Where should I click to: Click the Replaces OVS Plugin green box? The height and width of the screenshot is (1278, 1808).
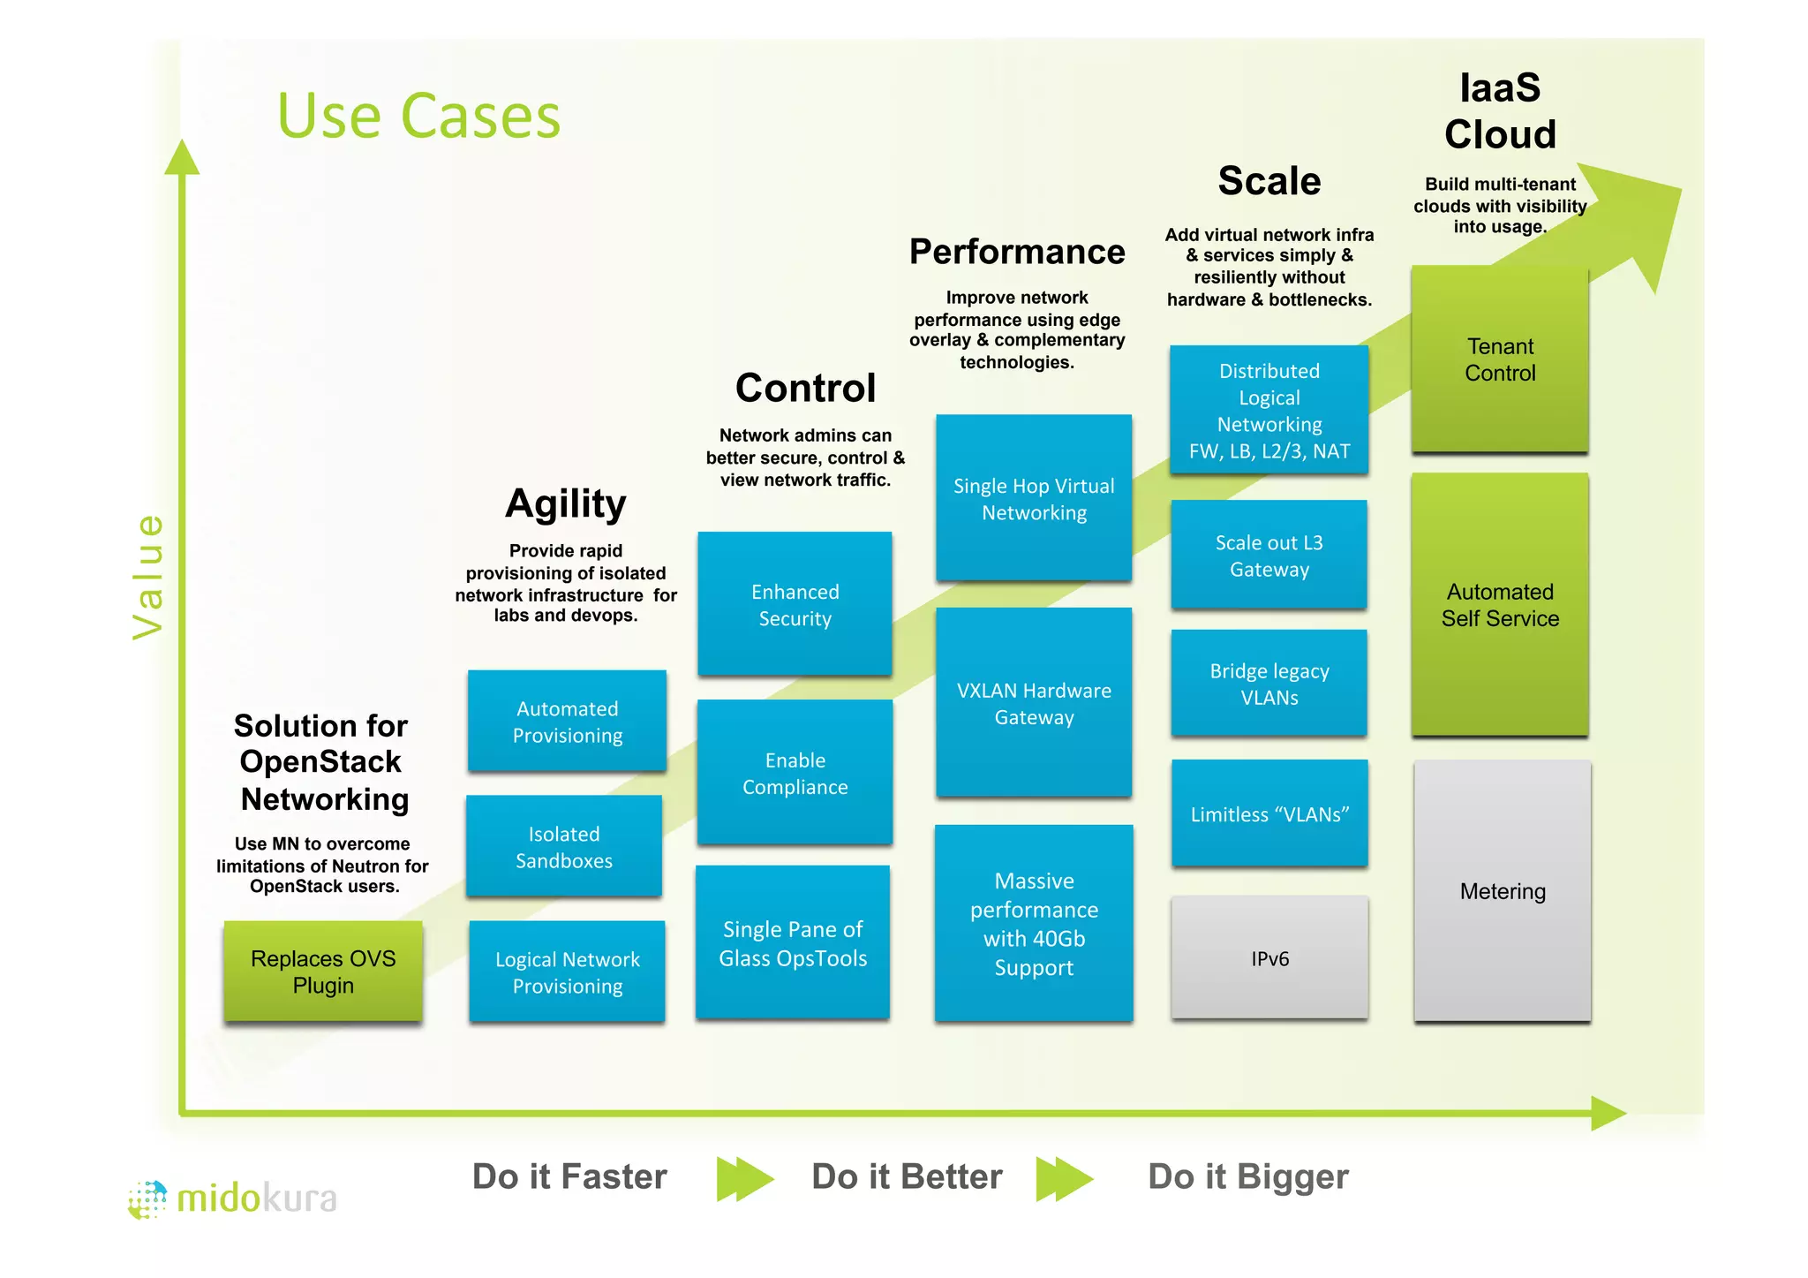pos(323,972)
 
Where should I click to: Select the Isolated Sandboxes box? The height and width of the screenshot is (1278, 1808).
pos(564,846)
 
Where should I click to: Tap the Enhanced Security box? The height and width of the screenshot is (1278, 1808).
pos(795,604)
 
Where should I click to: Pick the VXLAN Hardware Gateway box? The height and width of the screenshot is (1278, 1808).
pos(1034,703)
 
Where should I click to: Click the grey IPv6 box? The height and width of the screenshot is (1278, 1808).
pos(1269,958)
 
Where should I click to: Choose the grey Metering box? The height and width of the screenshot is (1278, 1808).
pos(1503,891)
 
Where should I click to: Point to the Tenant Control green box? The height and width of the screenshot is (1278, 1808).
pos(1500,359)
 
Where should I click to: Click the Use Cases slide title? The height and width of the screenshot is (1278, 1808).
pos(418,116)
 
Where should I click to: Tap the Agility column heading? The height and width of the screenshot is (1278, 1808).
pos(566,504)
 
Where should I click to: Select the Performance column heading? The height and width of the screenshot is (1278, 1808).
pos(1017,252)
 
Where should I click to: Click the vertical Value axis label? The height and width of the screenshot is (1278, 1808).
pos(148,576)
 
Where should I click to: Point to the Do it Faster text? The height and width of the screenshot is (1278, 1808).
pos(569,1176)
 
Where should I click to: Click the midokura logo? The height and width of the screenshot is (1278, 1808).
pos(233,1199)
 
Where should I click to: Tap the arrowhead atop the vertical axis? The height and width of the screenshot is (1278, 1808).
pos(182,158)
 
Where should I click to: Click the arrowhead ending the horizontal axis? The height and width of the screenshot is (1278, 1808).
pos(1608,1113)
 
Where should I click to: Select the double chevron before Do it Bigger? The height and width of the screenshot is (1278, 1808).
pos(1065,1178)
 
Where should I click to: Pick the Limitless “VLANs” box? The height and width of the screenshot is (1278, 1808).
pos(1269,813)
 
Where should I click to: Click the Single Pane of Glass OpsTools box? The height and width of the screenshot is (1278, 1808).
pos(793,943)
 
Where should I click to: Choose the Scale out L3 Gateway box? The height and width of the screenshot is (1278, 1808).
pos(1269,556)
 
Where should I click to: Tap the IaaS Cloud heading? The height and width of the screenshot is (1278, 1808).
pos(1500,111)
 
